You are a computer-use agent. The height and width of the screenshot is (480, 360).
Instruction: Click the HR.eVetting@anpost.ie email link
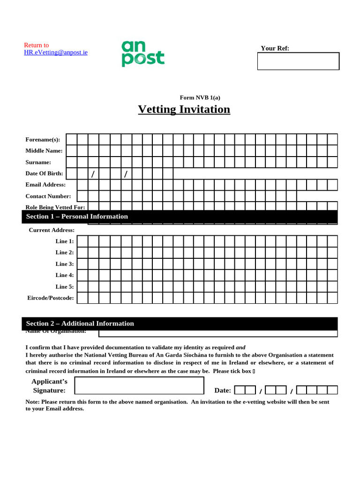pos(56,52)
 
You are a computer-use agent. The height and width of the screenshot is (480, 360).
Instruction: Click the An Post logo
pos(143,53)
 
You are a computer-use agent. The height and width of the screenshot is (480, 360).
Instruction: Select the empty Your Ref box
pos(298,61)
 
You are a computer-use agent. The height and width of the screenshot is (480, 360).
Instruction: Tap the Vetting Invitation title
pos(184,109)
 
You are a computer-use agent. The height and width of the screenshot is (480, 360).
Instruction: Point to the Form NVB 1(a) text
pos(200,97)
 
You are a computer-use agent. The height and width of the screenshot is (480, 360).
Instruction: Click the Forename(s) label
pos(43,140)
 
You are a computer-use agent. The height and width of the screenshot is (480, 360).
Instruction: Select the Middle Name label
pos(44,151)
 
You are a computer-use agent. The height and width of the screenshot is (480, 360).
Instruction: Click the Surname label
pos(38,162)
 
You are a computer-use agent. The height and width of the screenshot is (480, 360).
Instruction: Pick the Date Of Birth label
pos(44,173)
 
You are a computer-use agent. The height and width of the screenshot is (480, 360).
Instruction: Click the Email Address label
pos(45,185)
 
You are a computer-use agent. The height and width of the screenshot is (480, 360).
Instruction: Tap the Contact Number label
pos(48,196)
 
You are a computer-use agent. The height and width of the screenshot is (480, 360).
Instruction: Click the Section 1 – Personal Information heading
pos(77,217)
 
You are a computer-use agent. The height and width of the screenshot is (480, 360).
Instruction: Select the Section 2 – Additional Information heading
pos(80,323)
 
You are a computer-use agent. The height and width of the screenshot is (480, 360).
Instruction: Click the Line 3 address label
pos(64,264)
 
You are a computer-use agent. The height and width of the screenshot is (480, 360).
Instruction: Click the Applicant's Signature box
pos(139,385)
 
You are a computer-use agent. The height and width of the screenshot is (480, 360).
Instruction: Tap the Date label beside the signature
pos(223,390)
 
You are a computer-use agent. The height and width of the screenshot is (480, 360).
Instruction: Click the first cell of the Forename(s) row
pos(71,139)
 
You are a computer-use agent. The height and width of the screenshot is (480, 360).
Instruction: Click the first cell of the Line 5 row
pos(82,286)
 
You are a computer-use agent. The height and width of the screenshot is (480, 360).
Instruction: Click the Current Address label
pos(52,230)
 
